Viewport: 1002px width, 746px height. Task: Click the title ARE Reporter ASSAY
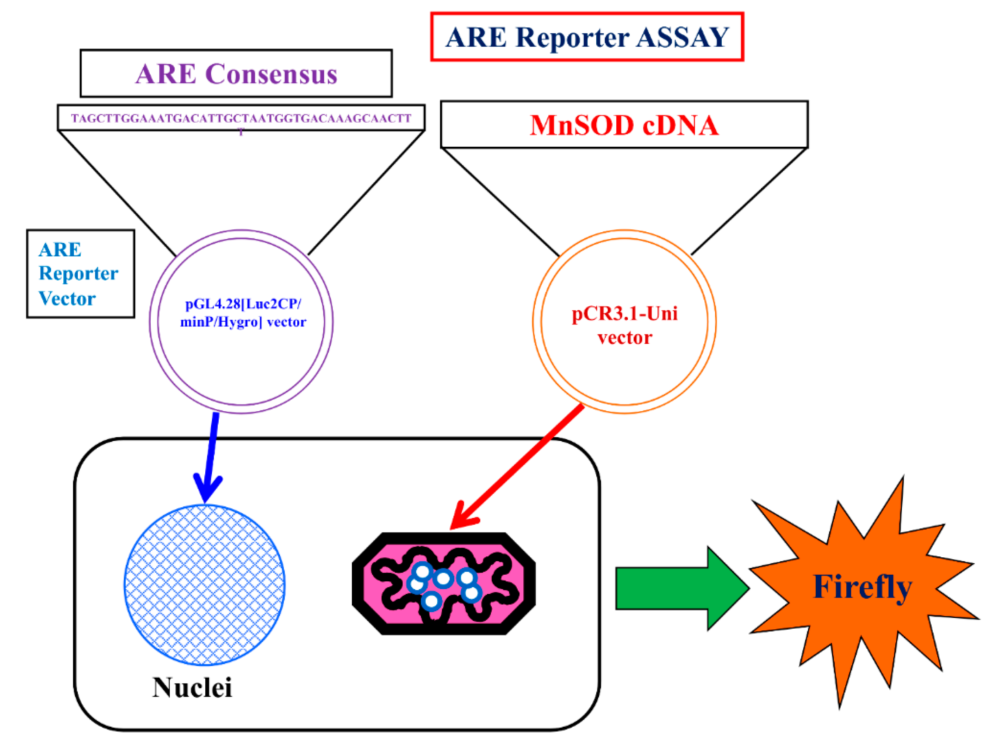pos(587,37)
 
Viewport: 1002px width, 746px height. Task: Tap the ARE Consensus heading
pos(236,74)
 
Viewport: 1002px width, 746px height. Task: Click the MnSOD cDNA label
pos(624,125)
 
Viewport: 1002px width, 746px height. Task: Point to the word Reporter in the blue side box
pos(79,274)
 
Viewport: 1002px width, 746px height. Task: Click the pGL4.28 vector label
pos(243,312)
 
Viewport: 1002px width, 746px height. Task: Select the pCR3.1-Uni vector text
pos(624,325)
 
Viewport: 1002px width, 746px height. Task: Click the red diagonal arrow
pos(517,466)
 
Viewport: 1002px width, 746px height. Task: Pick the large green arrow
pos(682,588)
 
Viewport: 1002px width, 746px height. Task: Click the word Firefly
pos(862,587)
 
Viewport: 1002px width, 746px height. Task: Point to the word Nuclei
pos(192,688)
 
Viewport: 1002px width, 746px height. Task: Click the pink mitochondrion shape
pos(443,583)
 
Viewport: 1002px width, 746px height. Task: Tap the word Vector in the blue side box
pos(67,299)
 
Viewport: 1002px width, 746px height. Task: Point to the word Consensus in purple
pos(271,74)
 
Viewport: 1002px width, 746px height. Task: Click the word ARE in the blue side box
pos(60,250)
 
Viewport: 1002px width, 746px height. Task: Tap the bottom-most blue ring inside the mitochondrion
pos(431,601)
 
